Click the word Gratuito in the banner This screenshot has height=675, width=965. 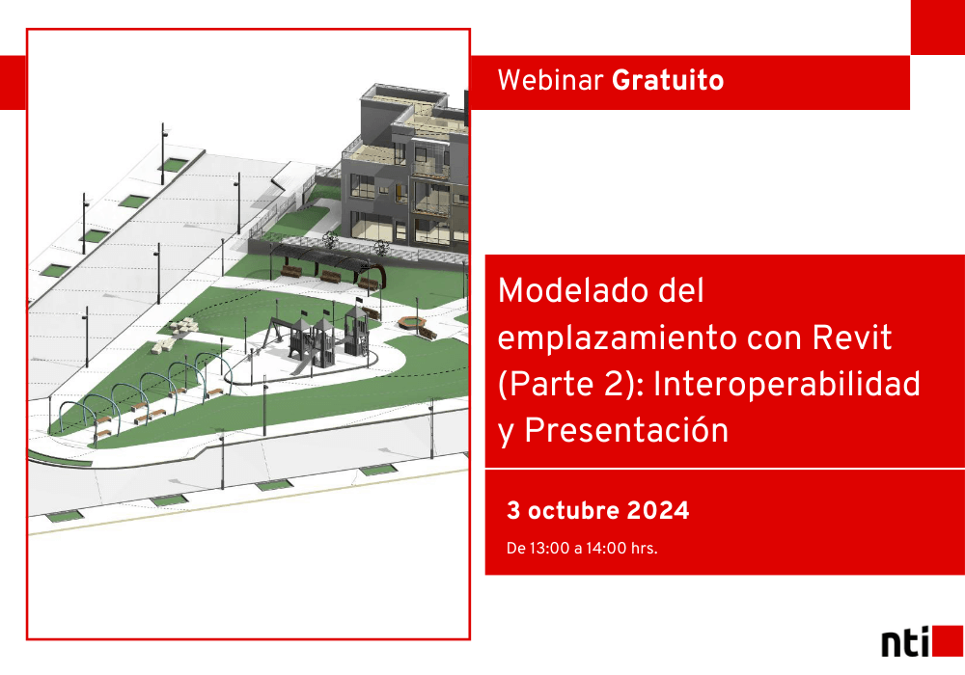coord(668,81)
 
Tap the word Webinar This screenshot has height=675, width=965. coord(550,81)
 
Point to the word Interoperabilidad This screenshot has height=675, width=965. coord(786,384)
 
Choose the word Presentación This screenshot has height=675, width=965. coord(626,430)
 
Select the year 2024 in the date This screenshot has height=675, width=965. coord(658,511)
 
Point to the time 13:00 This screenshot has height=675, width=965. coord(549,548)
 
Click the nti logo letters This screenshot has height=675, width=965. coord(905,642)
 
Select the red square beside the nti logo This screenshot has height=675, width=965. coord(948,641)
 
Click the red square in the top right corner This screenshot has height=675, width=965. coord(937,27)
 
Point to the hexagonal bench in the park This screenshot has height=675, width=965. coord(410,322)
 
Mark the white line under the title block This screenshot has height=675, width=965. coord(725,469)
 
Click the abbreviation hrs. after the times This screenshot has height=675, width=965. coord(644,548)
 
